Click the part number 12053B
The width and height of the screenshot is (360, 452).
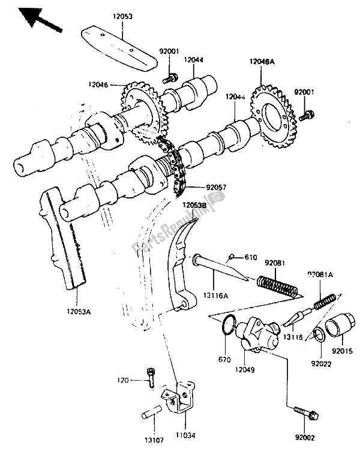pyautogui.click(x=195, y=205)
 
